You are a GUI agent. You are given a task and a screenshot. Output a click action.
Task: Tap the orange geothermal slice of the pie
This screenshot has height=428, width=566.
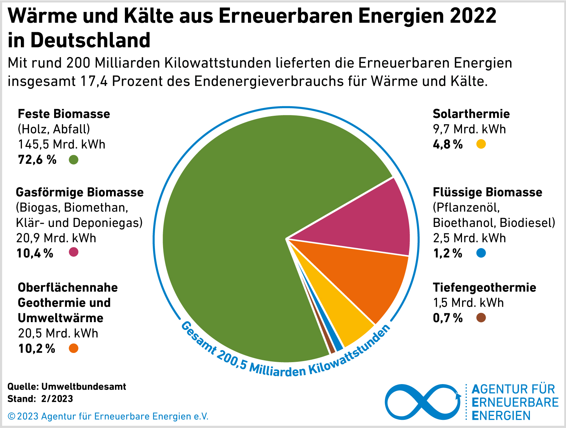click(368, 280)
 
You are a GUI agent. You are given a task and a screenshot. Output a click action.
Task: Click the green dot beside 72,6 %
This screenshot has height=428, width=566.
click(74, 160)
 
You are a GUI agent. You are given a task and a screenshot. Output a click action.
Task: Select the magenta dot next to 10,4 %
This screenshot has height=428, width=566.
click(74, 252)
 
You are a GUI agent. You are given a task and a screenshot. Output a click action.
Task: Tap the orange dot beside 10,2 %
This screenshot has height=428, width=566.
click(74, 348)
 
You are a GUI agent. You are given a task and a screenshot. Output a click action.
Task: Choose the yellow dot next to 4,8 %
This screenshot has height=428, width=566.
click(481, 144)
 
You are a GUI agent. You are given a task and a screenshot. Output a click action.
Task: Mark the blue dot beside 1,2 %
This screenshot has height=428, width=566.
click(481, 253)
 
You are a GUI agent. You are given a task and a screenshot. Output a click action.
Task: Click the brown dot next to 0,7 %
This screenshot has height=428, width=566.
click(481, 318)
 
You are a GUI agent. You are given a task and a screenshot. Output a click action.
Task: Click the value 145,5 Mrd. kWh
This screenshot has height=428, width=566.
click(62, 144)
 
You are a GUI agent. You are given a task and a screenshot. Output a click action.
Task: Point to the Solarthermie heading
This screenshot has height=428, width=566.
click(471, 114)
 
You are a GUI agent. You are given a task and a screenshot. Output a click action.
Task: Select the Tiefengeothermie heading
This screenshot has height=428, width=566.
click(484, 287)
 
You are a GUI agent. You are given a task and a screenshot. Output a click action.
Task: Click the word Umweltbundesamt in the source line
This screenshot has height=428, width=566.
click(83, 386)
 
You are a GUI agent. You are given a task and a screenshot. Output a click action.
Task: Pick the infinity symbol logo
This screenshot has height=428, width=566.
click(423, 402)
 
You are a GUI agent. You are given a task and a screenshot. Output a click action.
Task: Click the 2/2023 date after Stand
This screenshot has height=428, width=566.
click(57, 399)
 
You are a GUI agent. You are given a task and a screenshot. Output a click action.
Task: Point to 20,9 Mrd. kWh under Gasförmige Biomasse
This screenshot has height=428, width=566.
click(56, 238)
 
